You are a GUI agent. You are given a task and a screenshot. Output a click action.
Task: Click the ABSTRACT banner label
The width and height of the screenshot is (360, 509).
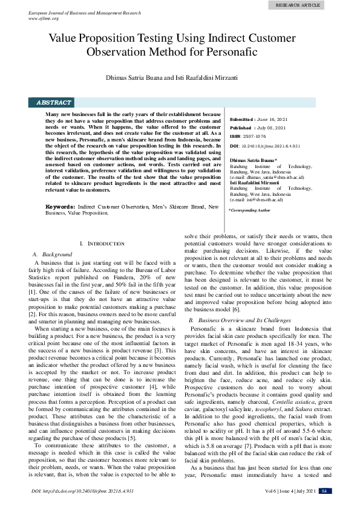[54, 103]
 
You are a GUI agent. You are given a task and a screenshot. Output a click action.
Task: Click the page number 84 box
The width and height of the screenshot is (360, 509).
[325, 491]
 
